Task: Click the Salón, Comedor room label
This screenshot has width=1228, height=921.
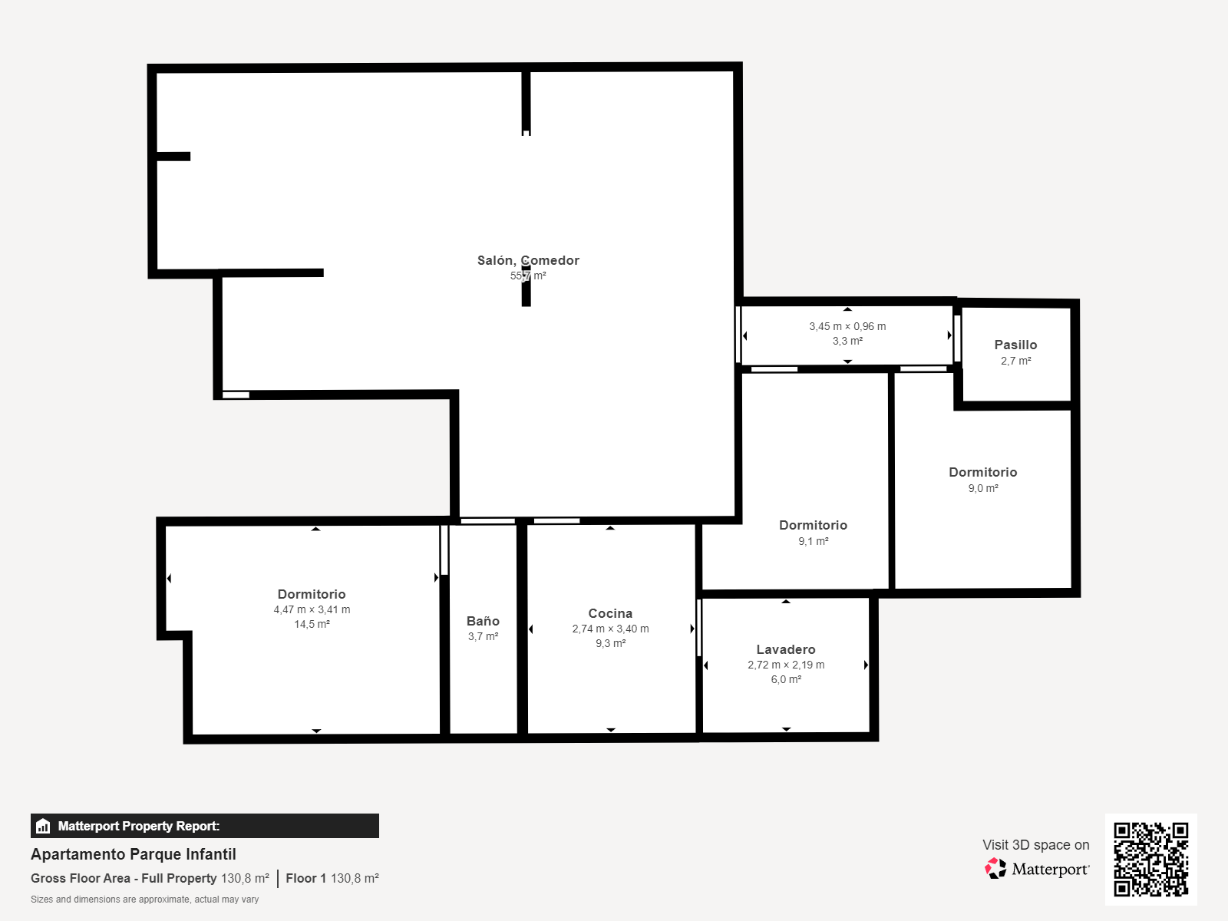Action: click(x=528, y=261)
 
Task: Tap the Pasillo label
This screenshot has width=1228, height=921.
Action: click(x=1015, y=345)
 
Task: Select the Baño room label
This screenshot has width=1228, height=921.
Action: click(x=483, y=621)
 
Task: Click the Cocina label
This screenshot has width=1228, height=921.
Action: click(x=610, y=613)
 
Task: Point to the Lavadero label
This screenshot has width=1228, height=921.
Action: click(x=785, y=649)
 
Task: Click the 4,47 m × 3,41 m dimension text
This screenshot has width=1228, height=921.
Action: click(x=312, y=609)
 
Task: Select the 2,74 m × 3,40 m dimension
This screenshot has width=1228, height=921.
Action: click(x=610, y=629)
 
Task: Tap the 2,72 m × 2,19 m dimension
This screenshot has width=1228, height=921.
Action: click(x=785, y=665)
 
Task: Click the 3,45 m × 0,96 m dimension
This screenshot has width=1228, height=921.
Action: click(x=847, y=326)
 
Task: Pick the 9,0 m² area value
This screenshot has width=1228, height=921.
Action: click(x=983, y=488)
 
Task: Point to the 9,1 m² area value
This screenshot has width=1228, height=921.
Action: click(x=813, y=541)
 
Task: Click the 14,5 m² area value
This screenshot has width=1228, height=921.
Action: click(x=312, y=624)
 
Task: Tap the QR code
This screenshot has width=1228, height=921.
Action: click(x=1150, y=859)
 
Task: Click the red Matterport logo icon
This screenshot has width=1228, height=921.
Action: click(x=995, y=869)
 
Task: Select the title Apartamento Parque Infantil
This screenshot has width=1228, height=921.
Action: click(x=133, y=854)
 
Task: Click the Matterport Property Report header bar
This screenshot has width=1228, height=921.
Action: click(x=205, y=826)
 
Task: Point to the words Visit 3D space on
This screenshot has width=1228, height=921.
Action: click(x=1035, y=845)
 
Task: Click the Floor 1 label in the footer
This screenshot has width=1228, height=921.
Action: click(x=305, y=879)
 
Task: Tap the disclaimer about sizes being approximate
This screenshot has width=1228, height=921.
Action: click(x=144, y=900)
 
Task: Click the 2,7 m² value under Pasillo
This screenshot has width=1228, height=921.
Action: click(x=1015, y=361)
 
